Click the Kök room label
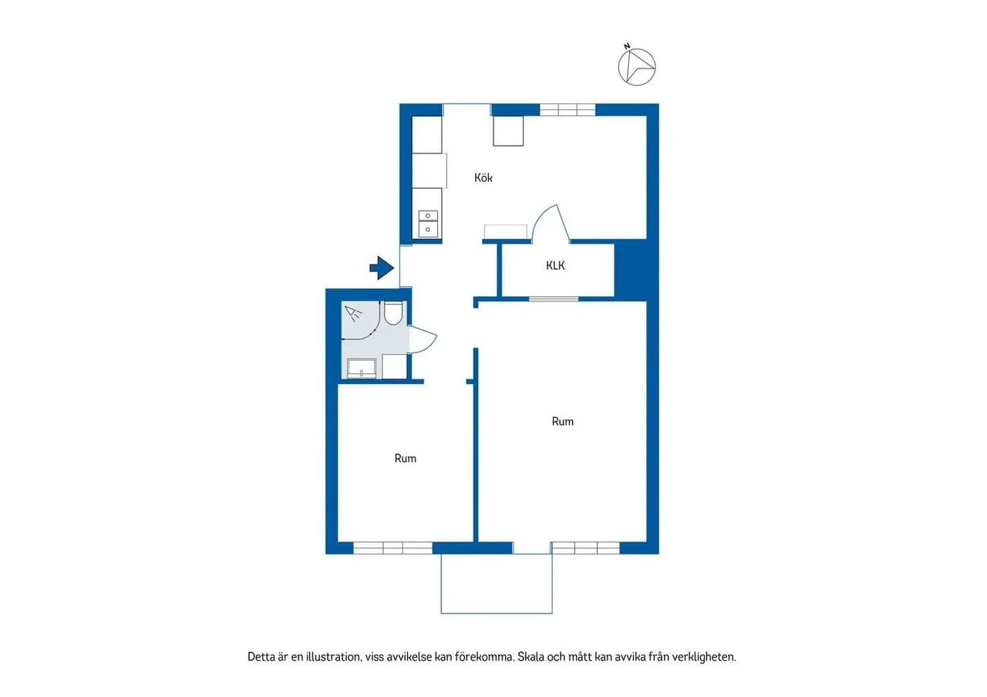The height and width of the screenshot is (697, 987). click(483, 177)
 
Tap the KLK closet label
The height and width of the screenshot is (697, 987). click(555, 266)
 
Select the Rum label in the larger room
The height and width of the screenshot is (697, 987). click(563, 422)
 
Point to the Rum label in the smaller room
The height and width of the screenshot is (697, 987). click(406, 459)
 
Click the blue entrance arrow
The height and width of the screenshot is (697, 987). click(382, 268)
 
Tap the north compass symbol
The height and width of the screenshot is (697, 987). click(637, 66)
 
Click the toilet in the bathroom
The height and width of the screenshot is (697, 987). click(392, 313)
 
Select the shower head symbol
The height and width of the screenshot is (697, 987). click(353, 313)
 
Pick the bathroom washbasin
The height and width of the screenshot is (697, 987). click(362, 369)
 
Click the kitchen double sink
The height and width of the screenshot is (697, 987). click(428, 224)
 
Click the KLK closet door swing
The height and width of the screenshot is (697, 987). click(551, 224)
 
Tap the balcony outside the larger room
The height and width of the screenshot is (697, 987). click(497, 584)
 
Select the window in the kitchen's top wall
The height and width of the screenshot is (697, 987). click(568, 109)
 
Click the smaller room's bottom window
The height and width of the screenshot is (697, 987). click(392, 547)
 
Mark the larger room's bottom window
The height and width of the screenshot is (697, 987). click(585, 547)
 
